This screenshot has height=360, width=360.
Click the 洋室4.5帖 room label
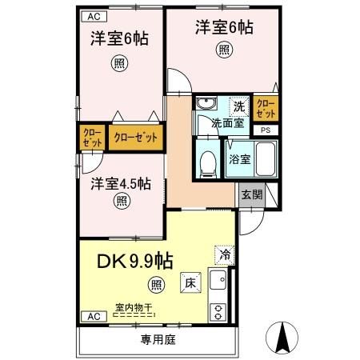click(120, 182)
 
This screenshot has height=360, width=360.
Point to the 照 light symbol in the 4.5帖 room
click(120, 201)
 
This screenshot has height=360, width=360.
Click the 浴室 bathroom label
click(240, 158)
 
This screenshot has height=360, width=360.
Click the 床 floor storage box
click(190, 282)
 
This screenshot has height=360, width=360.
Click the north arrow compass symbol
click(283, 336)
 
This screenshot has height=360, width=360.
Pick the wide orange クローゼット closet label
click(134, 137)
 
